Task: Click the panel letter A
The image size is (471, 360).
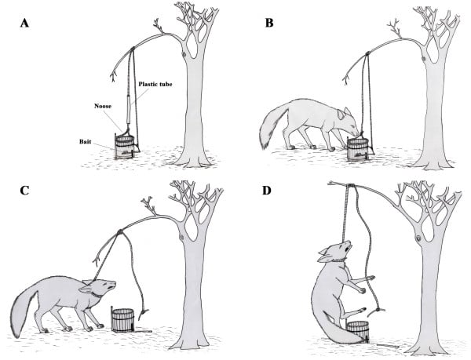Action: (24, 23)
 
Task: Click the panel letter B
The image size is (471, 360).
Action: (269, 23)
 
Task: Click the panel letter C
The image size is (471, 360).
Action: (24, 191)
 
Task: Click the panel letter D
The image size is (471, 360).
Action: (267, 191)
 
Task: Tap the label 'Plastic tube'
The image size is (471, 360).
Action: (155, 84)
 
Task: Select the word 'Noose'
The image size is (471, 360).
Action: (103, 106)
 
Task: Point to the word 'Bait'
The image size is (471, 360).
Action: (86, 141)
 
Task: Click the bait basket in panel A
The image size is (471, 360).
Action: (124, 147)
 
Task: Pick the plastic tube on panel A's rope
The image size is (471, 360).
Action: (130, 109)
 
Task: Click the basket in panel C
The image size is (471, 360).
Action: (122, 320)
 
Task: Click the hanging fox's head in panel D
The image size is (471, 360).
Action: (335, 252)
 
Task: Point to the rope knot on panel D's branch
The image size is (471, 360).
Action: (351, 186)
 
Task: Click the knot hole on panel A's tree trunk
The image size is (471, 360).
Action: (184, 54)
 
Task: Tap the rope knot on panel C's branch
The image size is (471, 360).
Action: (120, 232)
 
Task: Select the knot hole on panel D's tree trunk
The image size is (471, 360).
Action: (418, 238)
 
